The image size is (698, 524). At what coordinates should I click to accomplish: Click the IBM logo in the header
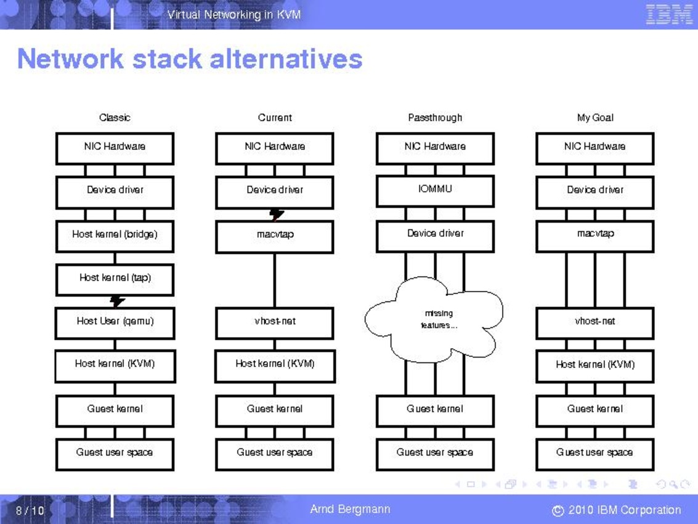click(x=669, y=14)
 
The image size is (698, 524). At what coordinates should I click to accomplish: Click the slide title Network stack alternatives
click(x=190, y=59)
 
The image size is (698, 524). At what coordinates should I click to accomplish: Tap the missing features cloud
click(x=435, y=319)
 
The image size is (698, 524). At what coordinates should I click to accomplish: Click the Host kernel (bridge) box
click(x=115, y=235)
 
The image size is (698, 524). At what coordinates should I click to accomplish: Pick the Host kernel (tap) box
click(x=115, y=279)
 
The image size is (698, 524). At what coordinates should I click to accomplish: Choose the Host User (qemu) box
click(x=115, y=322)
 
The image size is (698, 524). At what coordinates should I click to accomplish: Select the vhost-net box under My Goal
click(x=595, y=322)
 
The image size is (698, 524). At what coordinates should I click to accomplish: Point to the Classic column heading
click(x=115, y=118)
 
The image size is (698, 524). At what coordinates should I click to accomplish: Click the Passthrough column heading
click(x=435, y=118)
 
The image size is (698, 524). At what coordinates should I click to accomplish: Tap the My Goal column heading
click(x=595, y=118)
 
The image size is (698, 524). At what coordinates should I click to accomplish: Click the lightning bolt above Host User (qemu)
click(x=117, y=301)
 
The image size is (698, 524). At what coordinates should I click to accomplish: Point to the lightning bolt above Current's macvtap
click(x=277, y=215)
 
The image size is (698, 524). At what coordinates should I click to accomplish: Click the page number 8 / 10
click(x=30, y=510)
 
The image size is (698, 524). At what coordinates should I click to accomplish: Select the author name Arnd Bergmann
click(x=350, y=509)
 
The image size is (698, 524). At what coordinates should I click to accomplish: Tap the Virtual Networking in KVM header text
click(x=234, y=14)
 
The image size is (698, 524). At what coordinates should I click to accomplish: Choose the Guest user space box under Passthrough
click(x=435, y=454)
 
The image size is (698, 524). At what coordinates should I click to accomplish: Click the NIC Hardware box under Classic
click(x=115, y=148)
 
